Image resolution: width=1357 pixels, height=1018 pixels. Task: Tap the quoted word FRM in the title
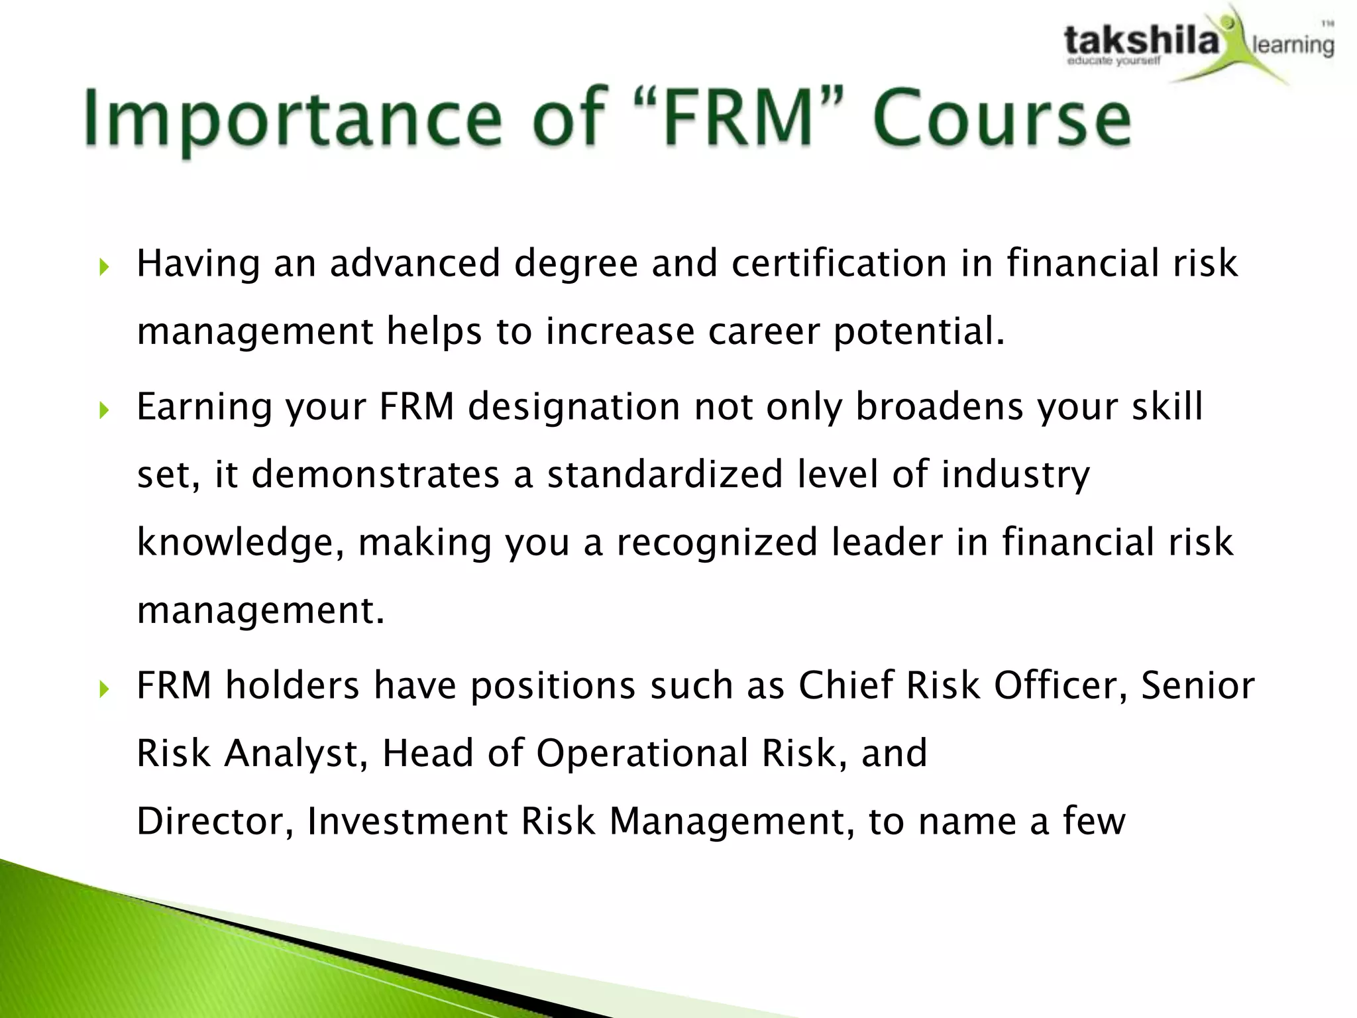tap(739, 118)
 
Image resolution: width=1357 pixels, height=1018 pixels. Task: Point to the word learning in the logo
tap(1292, 45)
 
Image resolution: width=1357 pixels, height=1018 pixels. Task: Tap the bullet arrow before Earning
tap(103, 410)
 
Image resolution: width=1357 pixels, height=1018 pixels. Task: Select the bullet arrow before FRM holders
tap(103, 689)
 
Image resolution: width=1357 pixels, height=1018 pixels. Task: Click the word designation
tap(574, 406)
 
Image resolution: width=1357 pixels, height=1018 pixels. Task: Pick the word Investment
tap(407, 821)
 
